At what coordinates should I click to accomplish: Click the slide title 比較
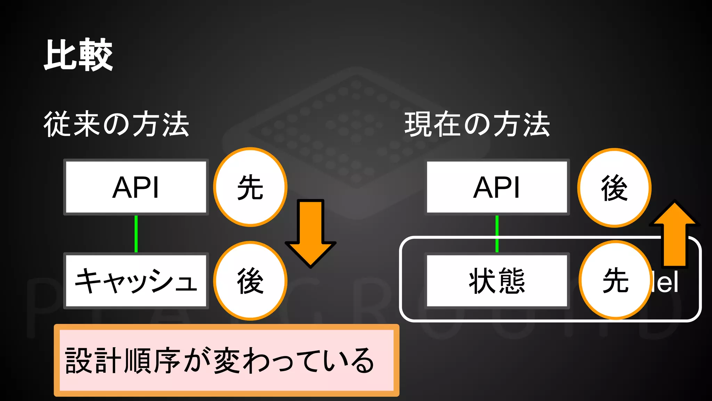click(x=78, y=55)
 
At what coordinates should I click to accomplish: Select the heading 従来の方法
click(x=116, y=124)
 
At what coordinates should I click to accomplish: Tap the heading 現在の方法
click(x=477, y=124)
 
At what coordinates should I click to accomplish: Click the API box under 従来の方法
click(x=136, y=187)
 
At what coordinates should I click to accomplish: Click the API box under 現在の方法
click(x=497, y=187)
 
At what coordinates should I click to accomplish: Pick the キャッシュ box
click(x=136, y=281)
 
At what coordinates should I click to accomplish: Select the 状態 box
click(x=497, y=281)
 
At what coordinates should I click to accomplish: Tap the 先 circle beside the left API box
click(x=250, y=187)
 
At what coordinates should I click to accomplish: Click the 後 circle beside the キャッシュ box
click(x=250, y=281)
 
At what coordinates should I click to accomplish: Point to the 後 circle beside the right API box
click(x=614, y=188)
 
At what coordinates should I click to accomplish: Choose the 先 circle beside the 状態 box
click(x=615, y=280)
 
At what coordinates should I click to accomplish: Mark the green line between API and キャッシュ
click(x=136, y=234)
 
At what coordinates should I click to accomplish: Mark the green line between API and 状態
click(x=497, y=234)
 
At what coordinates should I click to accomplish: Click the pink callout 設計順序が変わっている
click(x=226, y=360)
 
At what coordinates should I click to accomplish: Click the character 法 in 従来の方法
click(x=176, y=124)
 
